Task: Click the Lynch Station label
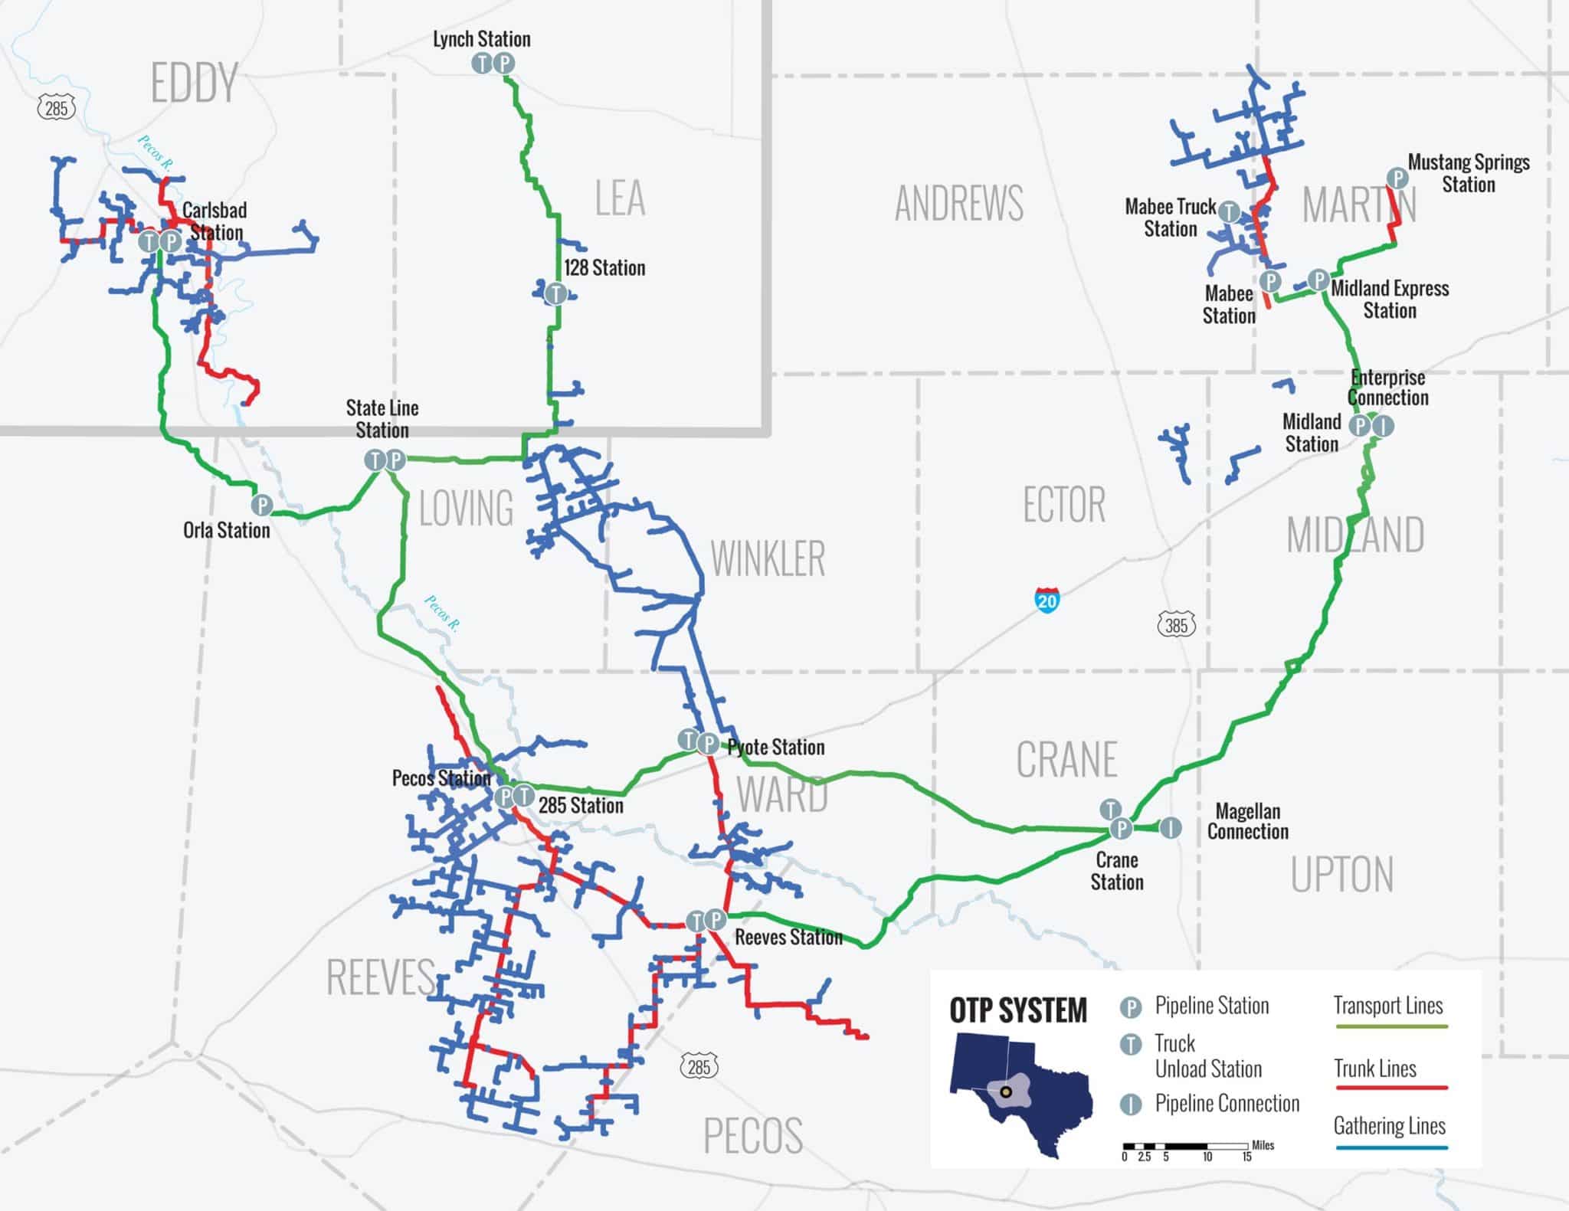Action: coord(481,39)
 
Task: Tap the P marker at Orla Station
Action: coord(262,505)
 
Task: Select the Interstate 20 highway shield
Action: coord(1047,599)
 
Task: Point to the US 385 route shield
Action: coord(1176,625)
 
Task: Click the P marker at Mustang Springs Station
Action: coord(1397,178)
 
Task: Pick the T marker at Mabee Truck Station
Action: coord(1229,211)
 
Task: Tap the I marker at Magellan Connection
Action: coord(1170,827)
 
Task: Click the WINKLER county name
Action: coord(768,558)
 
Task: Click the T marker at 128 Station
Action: coord(555,293)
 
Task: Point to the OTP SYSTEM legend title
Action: coord(1017,1010)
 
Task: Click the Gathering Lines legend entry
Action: coord(1389,1125)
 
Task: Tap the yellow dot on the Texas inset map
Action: coord(1006,1092)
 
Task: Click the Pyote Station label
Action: coord(776,747)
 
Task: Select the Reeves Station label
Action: coord(788,937)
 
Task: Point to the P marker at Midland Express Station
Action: coord(1318,280)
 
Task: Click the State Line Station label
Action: coord(382,418)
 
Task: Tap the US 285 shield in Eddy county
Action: coord(57,108)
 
